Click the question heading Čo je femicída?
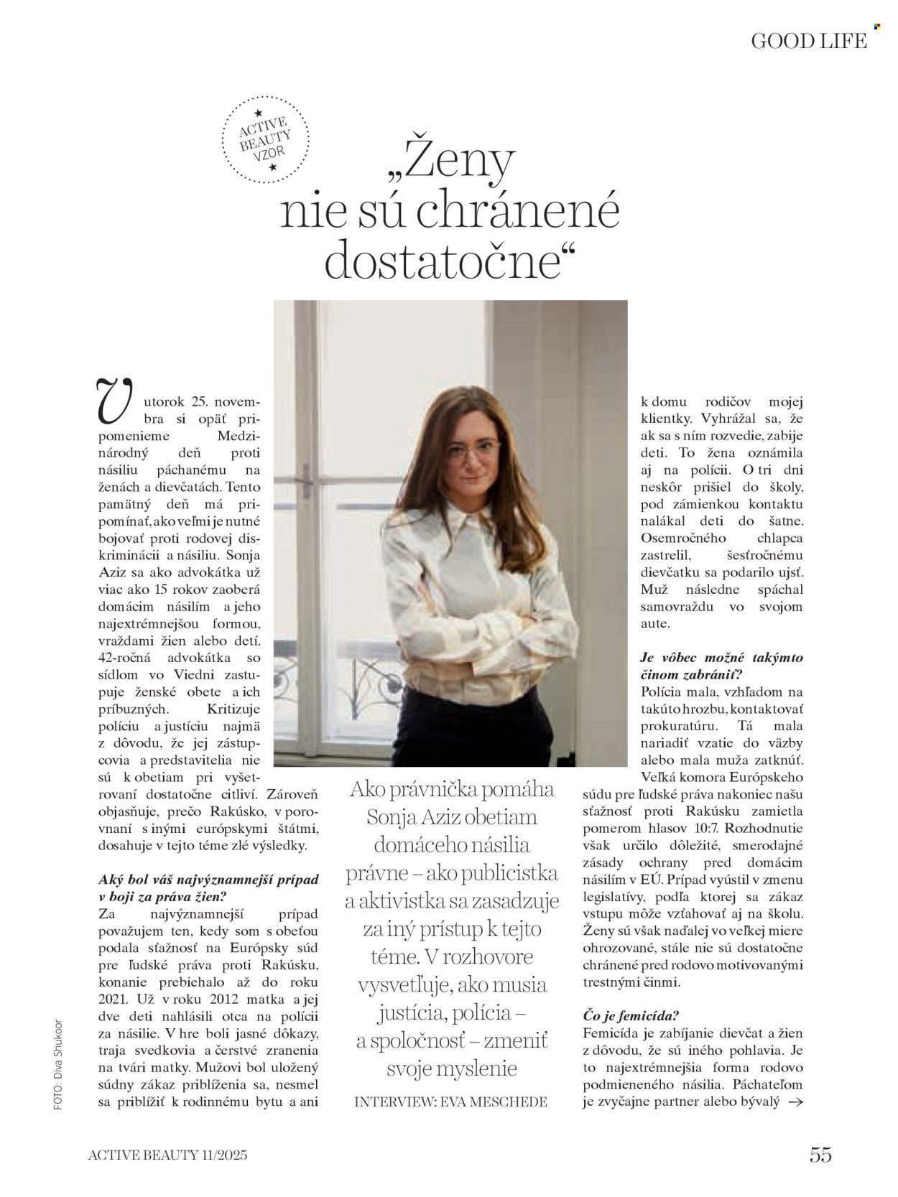[x=632, y=1015]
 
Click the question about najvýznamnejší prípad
[x=208, y=888]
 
